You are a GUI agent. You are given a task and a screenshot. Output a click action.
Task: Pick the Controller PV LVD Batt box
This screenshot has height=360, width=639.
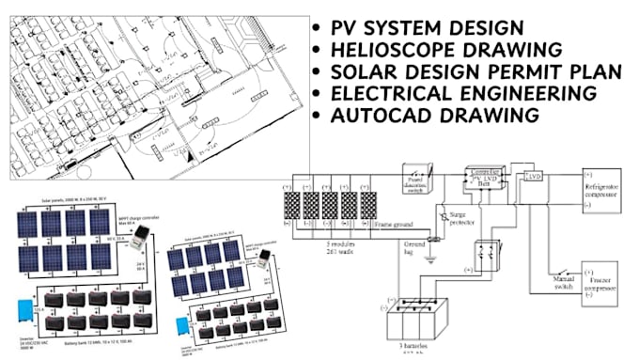coord(487,179)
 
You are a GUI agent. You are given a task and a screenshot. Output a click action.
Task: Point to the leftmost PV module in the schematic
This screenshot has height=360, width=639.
coord(292,208)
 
